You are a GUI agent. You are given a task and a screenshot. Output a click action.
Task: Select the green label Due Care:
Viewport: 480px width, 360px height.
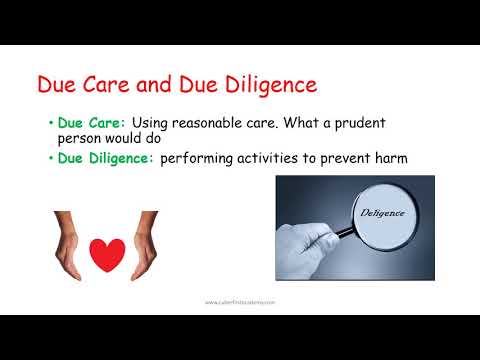[84, 122]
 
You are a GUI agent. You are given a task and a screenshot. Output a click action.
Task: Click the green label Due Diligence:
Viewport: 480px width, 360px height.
[105, 158]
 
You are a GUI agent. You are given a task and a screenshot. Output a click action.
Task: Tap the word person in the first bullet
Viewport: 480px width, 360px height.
[81, 140]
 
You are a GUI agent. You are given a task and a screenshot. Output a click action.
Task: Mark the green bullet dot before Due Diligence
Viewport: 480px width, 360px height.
[50, 158]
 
